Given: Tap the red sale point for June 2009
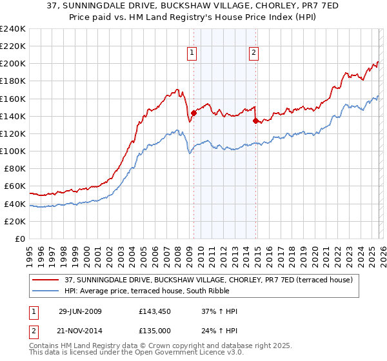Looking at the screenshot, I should (193, 113).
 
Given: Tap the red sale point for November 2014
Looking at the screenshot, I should (256, 120).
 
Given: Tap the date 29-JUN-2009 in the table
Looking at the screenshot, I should (80, 311).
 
